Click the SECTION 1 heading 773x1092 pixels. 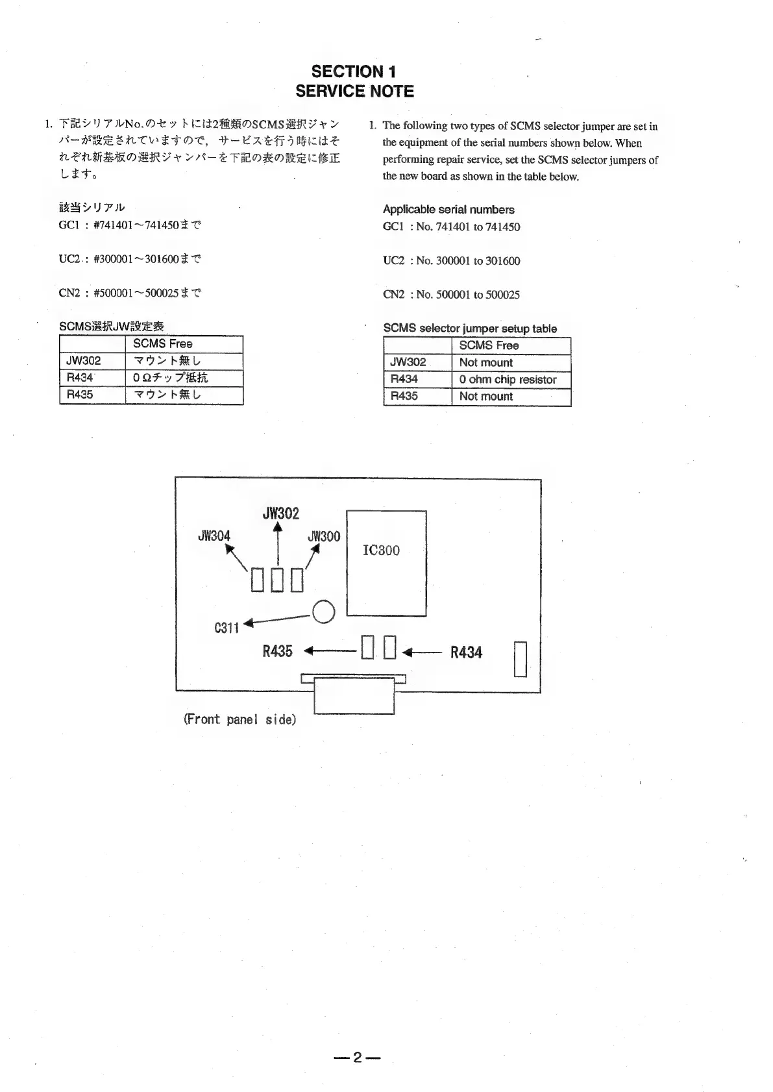pyautogui.click(x=354, y=71)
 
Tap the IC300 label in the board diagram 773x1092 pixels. pyautogui.click(x=381, y=551)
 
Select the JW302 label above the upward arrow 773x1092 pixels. pyautogui.click(x=281, y=514)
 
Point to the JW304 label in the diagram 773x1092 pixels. pyautogui.click(x=214, y=536)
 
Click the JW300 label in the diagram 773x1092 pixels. pyautogui.click(x=324, y=536)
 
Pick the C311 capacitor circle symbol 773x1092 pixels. pyautogui.click(x=323, y=612)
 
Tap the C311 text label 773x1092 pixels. pyautogui.click(x=227, y=628)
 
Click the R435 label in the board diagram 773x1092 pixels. pyautogui.click(x=277, y=651)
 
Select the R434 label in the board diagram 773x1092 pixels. pyautogui.click(x=466, y=652)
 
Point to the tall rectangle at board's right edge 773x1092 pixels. pyautogui.click(x=520, y=659)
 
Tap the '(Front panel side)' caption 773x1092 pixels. pyautogui.click(x=239, y=719)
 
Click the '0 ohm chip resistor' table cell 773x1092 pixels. pyautogui.click(x=508, y=380)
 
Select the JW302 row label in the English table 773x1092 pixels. pyautogui.click(x=408, y=362)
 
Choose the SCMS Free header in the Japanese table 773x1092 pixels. pyautogui.click(x=163, y=344)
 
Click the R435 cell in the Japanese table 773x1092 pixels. pyautogui.click(x=80, y=395)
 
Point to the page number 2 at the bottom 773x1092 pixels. pyautogui.click(x=356, y=1058)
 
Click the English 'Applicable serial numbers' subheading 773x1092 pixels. pyautogui.click(x=448, y=210)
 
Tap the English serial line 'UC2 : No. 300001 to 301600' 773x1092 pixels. pyautogui.click(x=452, y=261)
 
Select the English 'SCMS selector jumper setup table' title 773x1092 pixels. pyautogui.click(x=470, y=329)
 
